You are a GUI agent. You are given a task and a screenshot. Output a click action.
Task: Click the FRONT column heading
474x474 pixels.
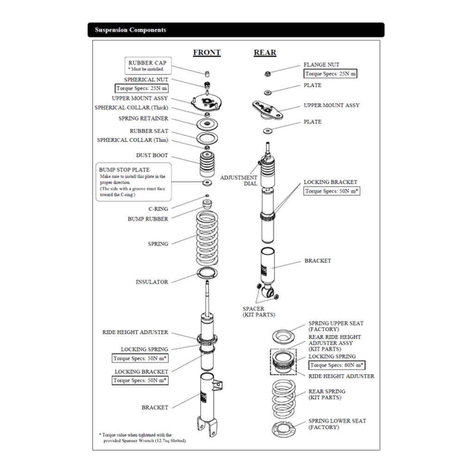pos(207,53)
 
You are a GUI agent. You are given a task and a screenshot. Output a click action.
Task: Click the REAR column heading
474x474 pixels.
pos(265,53)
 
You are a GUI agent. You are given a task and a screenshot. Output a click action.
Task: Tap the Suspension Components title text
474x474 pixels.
pos(131,30)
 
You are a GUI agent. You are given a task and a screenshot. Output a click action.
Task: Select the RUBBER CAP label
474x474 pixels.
pos(147,63)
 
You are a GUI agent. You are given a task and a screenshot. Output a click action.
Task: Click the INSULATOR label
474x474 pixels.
pos(152,282)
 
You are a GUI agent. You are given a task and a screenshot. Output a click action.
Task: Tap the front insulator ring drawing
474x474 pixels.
pos(207,274)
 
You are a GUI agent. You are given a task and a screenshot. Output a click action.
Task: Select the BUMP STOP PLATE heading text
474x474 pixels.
pos(124,170)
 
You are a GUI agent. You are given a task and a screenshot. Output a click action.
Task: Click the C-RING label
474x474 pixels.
pos(158,209)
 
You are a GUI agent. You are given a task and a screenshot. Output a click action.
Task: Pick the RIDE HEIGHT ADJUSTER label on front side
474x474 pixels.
pos(135,332)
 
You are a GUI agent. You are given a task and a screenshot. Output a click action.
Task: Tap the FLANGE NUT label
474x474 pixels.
pos(321,65)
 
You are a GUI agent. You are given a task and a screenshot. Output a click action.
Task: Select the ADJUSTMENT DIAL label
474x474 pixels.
pos(238,181)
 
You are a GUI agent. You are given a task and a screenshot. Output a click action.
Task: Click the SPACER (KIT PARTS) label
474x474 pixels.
pos(259,312)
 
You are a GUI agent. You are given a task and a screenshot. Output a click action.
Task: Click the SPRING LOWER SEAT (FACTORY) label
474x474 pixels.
pos(337,424)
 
